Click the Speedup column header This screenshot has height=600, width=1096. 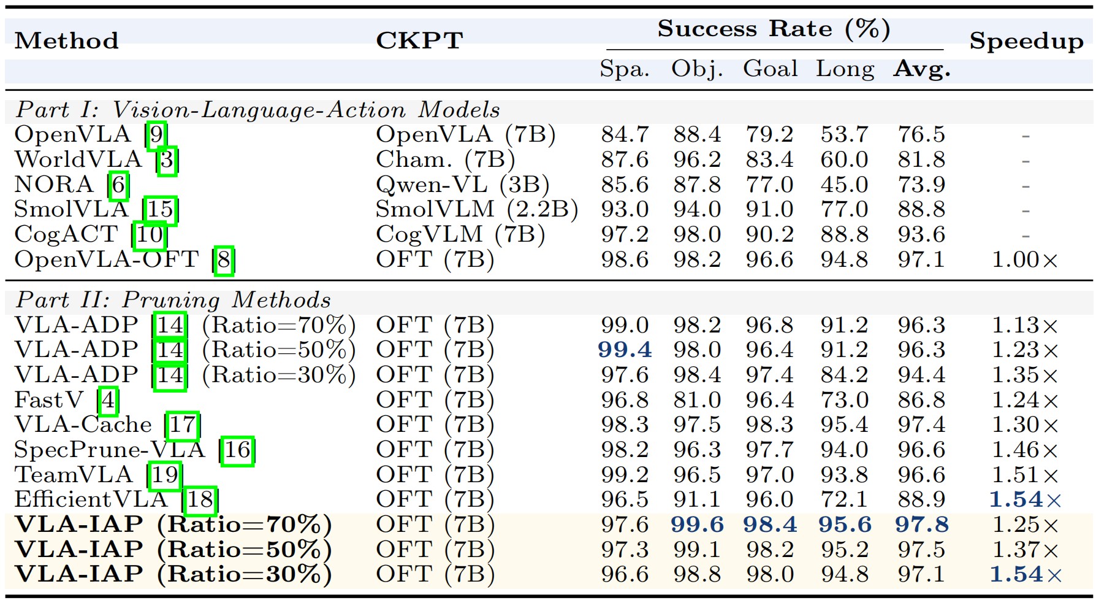point(1026,41)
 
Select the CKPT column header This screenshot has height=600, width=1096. point(419,40)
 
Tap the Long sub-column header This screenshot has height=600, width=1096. point(844,69)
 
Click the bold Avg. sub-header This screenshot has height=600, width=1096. point(921,69)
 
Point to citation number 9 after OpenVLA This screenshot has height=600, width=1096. point(156,135)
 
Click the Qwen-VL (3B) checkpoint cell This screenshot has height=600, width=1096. point(462,185)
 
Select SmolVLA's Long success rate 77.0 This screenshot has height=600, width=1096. point(844,209)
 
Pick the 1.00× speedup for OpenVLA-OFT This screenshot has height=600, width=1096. point(1025,260)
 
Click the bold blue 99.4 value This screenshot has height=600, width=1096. point(625,350)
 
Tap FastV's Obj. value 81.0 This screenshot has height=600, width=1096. point(697,400)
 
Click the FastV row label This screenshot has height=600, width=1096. point(49,400)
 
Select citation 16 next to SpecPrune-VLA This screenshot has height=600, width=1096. point(237,450)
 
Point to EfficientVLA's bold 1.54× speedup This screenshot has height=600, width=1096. point(1025,500)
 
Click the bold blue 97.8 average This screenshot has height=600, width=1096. point(921,525)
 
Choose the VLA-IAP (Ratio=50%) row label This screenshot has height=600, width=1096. point(173,550)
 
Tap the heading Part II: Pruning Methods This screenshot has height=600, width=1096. point(173,300)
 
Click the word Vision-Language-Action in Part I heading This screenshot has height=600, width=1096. point(259,110)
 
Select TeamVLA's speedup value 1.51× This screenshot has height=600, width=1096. point(1025,475)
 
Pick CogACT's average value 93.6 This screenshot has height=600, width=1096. point(921,234)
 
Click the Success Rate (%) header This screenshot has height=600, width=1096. point(774,29)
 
